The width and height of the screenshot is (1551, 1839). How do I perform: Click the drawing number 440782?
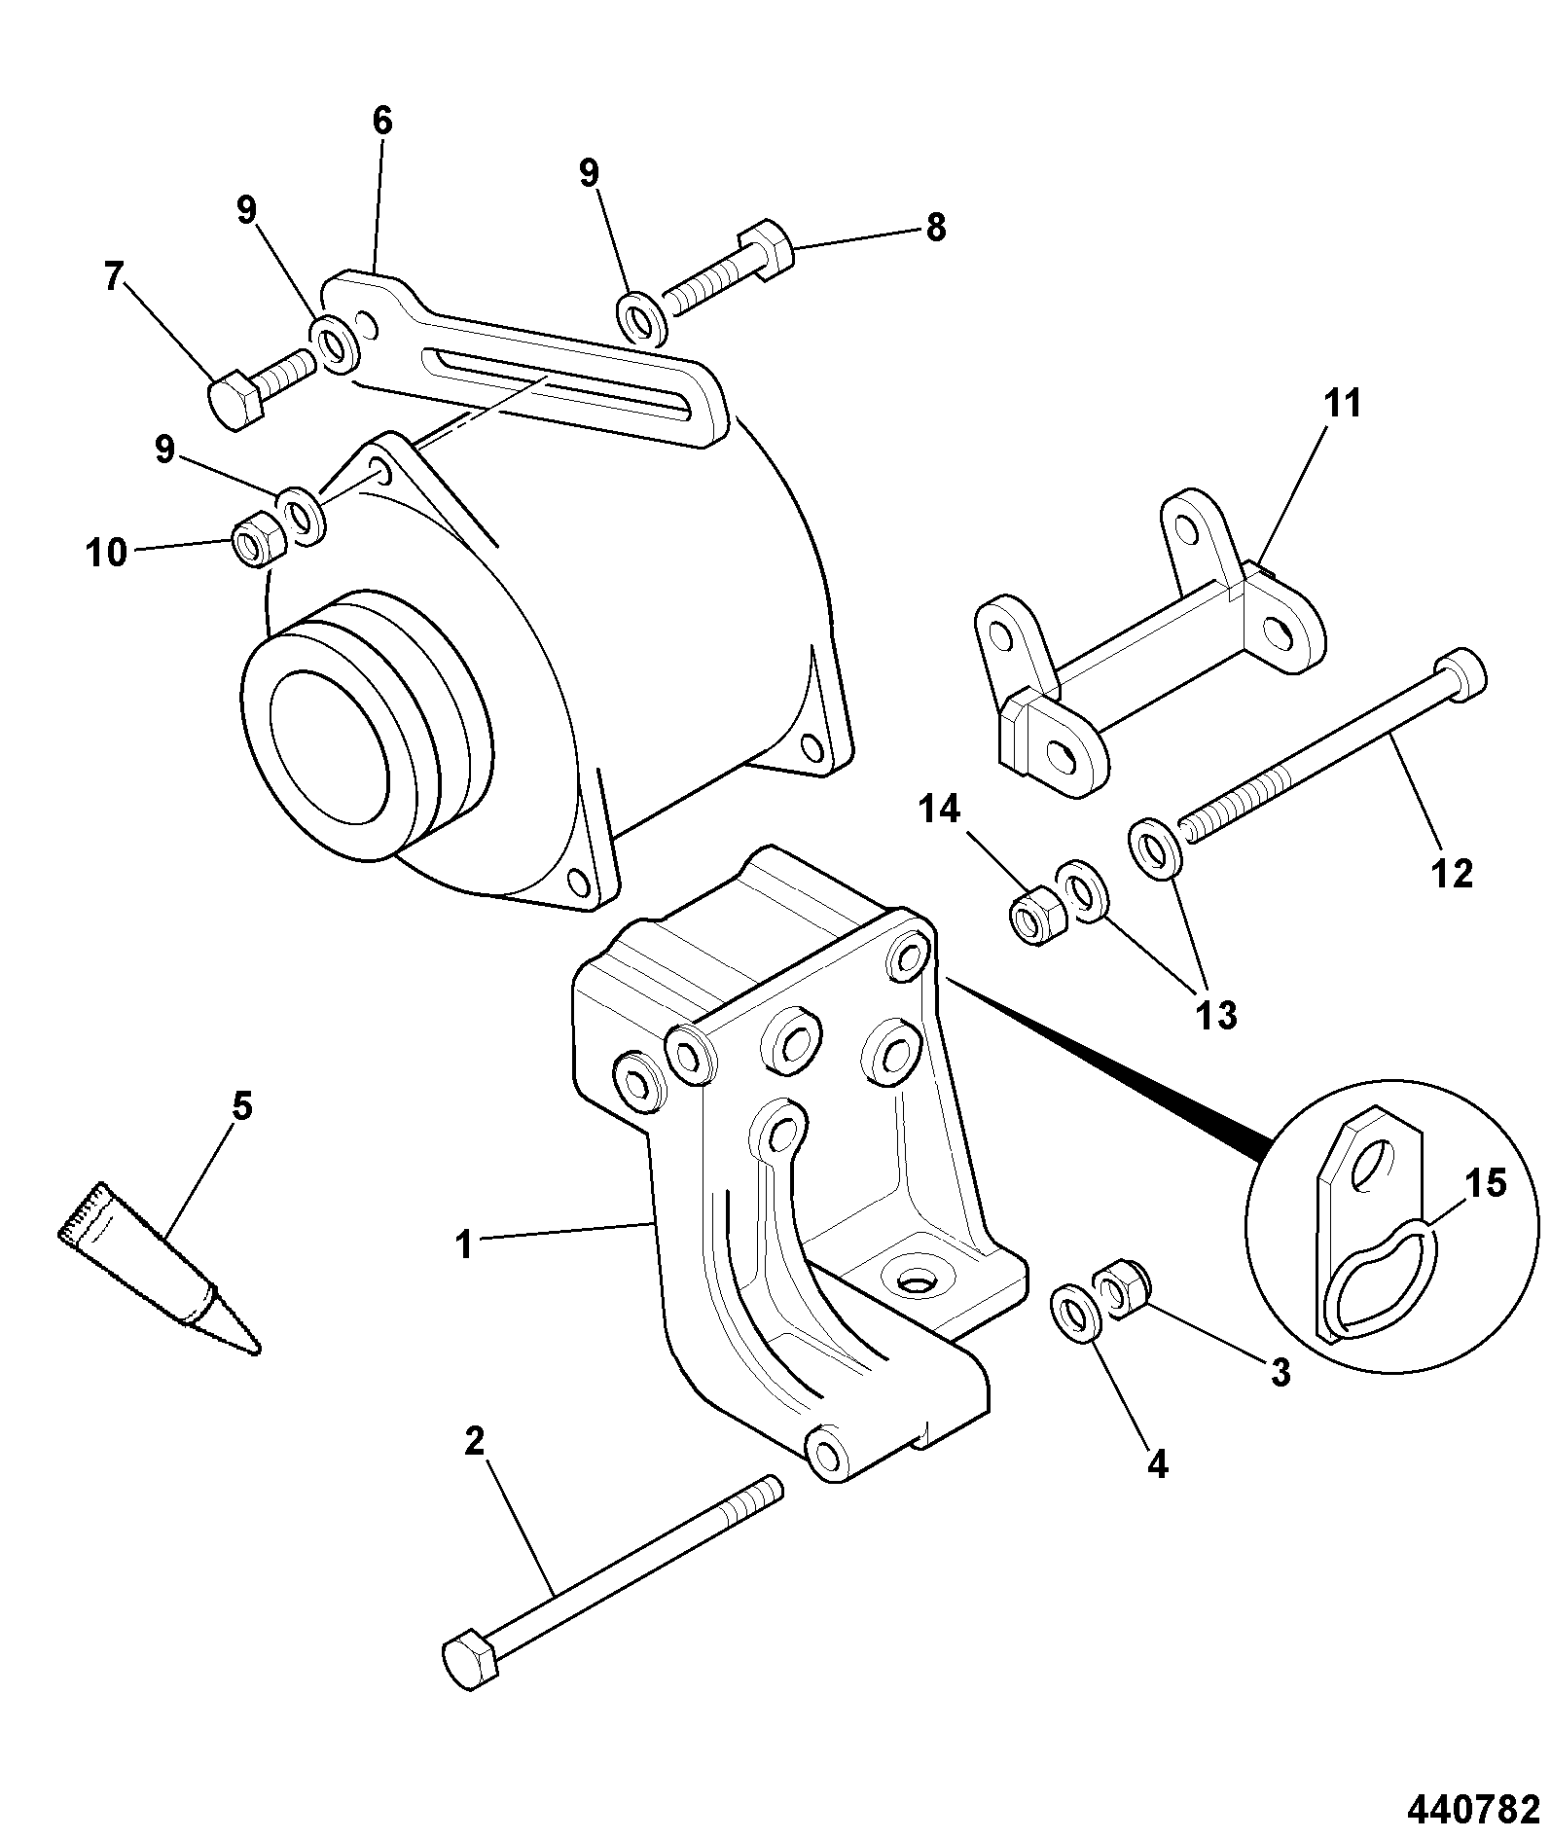1473,1809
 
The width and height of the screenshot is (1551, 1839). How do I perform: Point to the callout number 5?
241,1106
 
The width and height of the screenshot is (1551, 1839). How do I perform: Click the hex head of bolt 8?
769,250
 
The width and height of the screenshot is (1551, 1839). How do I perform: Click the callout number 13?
1215,1015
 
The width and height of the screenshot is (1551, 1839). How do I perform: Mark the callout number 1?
465,1244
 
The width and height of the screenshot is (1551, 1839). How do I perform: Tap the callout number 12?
1453,873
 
